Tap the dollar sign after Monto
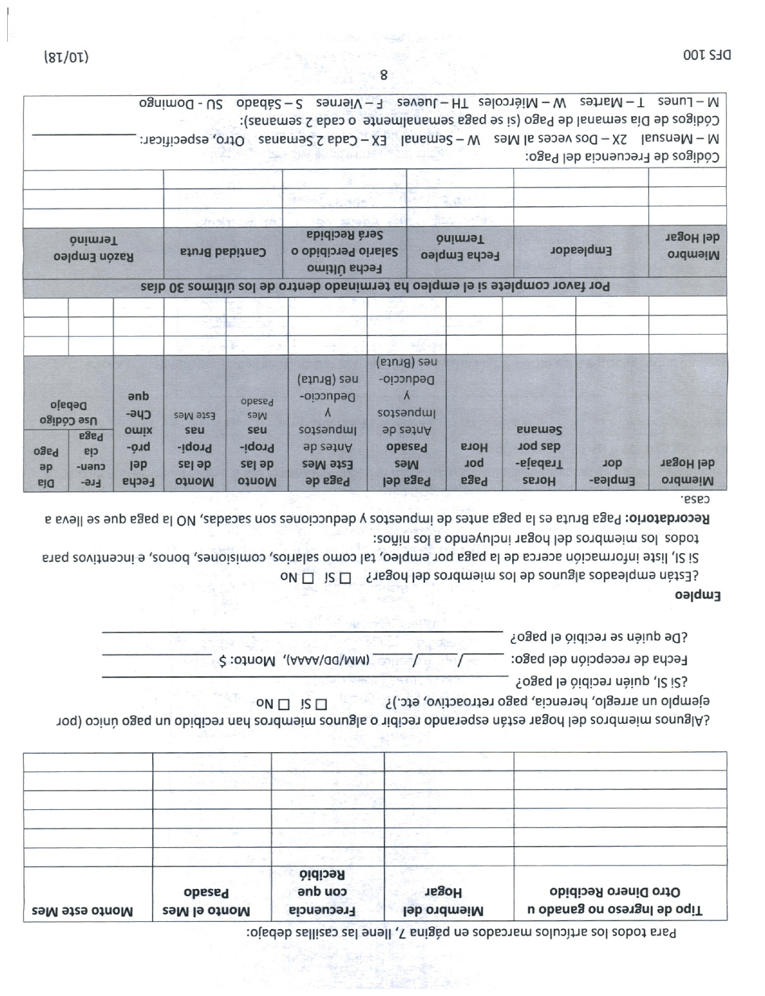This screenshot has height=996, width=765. pyautogui.click(x=223, y=661)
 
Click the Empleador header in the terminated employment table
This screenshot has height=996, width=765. pyautogui.click(x=580, y=251)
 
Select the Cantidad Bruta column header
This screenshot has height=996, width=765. pyautogui.click(x=223, y=251)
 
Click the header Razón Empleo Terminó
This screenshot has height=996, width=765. pyautogui.click(x=93, y=248)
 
